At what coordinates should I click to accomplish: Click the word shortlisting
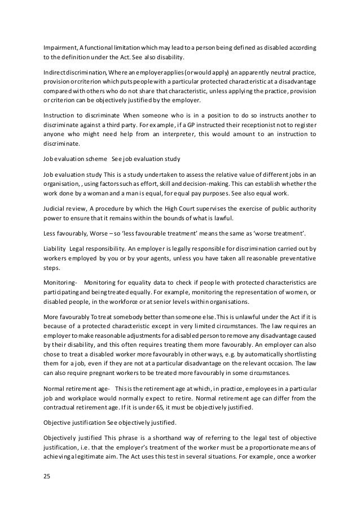click(296, 351)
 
